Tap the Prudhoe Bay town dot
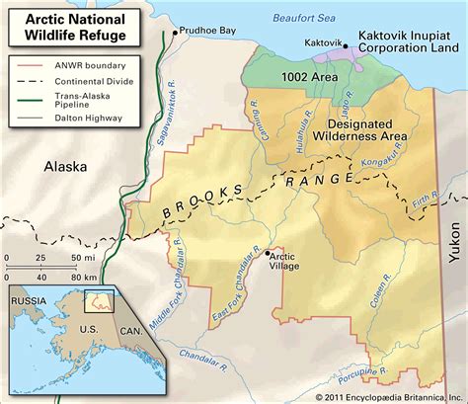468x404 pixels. [175, 33]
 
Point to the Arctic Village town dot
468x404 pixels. [268, 253]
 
